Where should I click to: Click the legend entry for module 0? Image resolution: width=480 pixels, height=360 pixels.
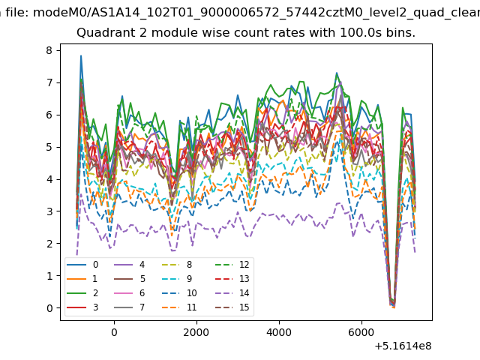click(x=82, y=265)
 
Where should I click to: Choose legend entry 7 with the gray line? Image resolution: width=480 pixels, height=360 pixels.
click(x=129, y=307)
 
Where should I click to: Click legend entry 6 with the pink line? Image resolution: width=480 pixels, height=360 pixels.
click(x=129, y=293)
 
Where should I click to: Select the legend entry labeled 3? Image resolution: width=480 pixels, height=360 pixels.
click(x=82, y=307)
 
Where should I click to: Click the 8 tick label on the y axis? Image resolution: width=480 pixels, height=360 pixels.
click(x=49, y=50)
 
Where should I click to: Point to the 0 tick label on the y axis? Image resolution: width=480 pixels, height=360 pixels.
click(x=49, y=308)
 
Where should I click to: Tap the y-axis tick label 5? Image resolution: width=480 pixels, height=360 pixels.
click(x=49, y=147)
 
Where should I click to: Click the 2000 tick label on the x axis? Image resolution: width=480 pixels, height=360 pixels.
click(x=196, y=332)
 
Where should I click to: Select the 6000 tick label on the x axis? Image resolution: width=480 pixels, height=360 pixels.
click(x=361, y=332)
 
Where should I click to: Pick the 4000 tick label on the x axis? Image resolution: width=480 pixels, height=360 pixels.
click(x=279, y=332)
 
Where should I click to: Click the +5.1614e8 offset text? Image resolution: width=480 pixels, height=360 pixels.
click(x=403, y=346)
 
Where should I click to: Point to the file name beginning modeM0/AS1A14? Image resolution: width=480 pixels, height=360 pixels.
click(x=256, y=13)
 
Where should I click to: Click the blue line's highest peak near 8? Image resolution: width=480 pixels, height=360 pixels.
click(x=81, y=55)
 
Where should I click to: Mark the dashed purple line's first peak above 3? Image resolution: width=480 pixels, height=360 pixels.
click(x=81, y=193)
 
